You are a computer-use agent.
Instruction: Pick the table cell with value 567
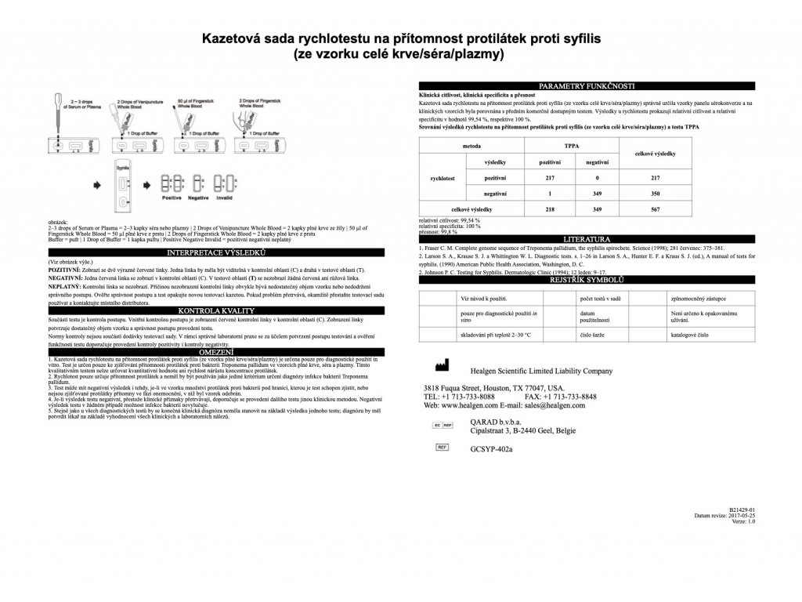(x=657, y=209)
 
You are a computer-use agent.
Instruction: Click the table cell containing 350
(x=657, y=193)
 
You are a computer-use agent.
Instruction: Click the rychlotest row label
(x=444, y=178)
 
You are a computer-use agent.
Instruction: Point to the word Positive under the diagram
(x=172, y=198)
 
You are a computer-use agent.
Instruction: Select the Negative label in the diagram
(x=200, y=198)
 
